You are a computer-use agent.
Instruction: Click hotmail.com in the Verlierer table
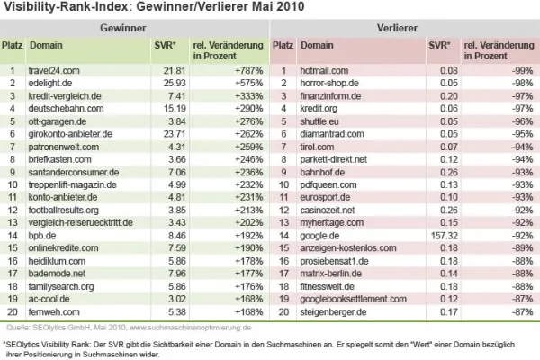[325, 69]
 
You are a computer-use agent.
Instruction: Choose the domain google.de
[321, 234]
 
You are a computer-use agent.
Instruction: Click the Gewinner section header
[135, 29]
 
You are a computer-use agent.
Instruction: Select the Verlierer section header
[404, 29]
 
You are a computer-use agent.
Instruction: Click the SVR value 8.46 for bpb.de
[173, 234]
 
